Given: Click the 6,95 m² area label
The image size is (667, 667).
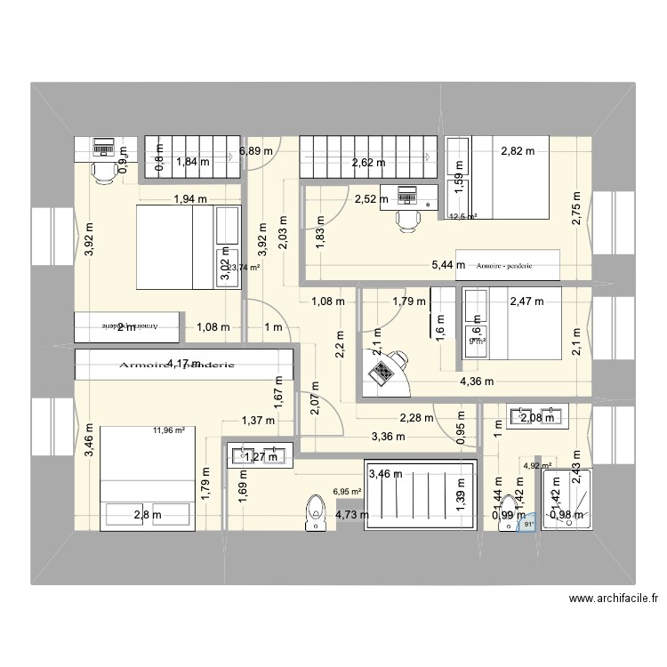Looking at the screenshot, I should pos(347,490).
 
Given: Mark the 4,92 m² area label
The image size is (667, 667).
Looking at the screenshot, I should pos(537,465).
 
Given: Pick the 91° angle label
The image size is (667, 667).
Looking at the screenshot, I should pos(528,525).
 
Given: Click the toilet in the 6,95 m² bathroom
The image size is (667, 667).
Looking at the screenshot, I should pos(313,514).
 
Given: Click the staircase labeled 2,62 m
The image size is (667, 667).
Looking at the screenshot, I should pos(368,161).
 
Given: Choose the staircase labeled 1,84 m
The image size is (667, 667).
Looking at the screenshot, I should pos(194,161).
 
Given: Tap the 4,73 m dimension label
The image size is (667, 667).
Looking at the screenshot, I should pos(353,514).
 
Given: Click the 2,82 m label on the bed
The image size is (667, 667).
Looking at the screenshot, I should pos(518,151).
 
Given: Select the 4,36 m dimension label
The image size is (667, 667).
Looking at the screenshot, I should pos(477,382).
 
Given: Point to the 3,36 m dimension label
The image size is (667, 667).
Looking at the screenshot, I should pos(389,436).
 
